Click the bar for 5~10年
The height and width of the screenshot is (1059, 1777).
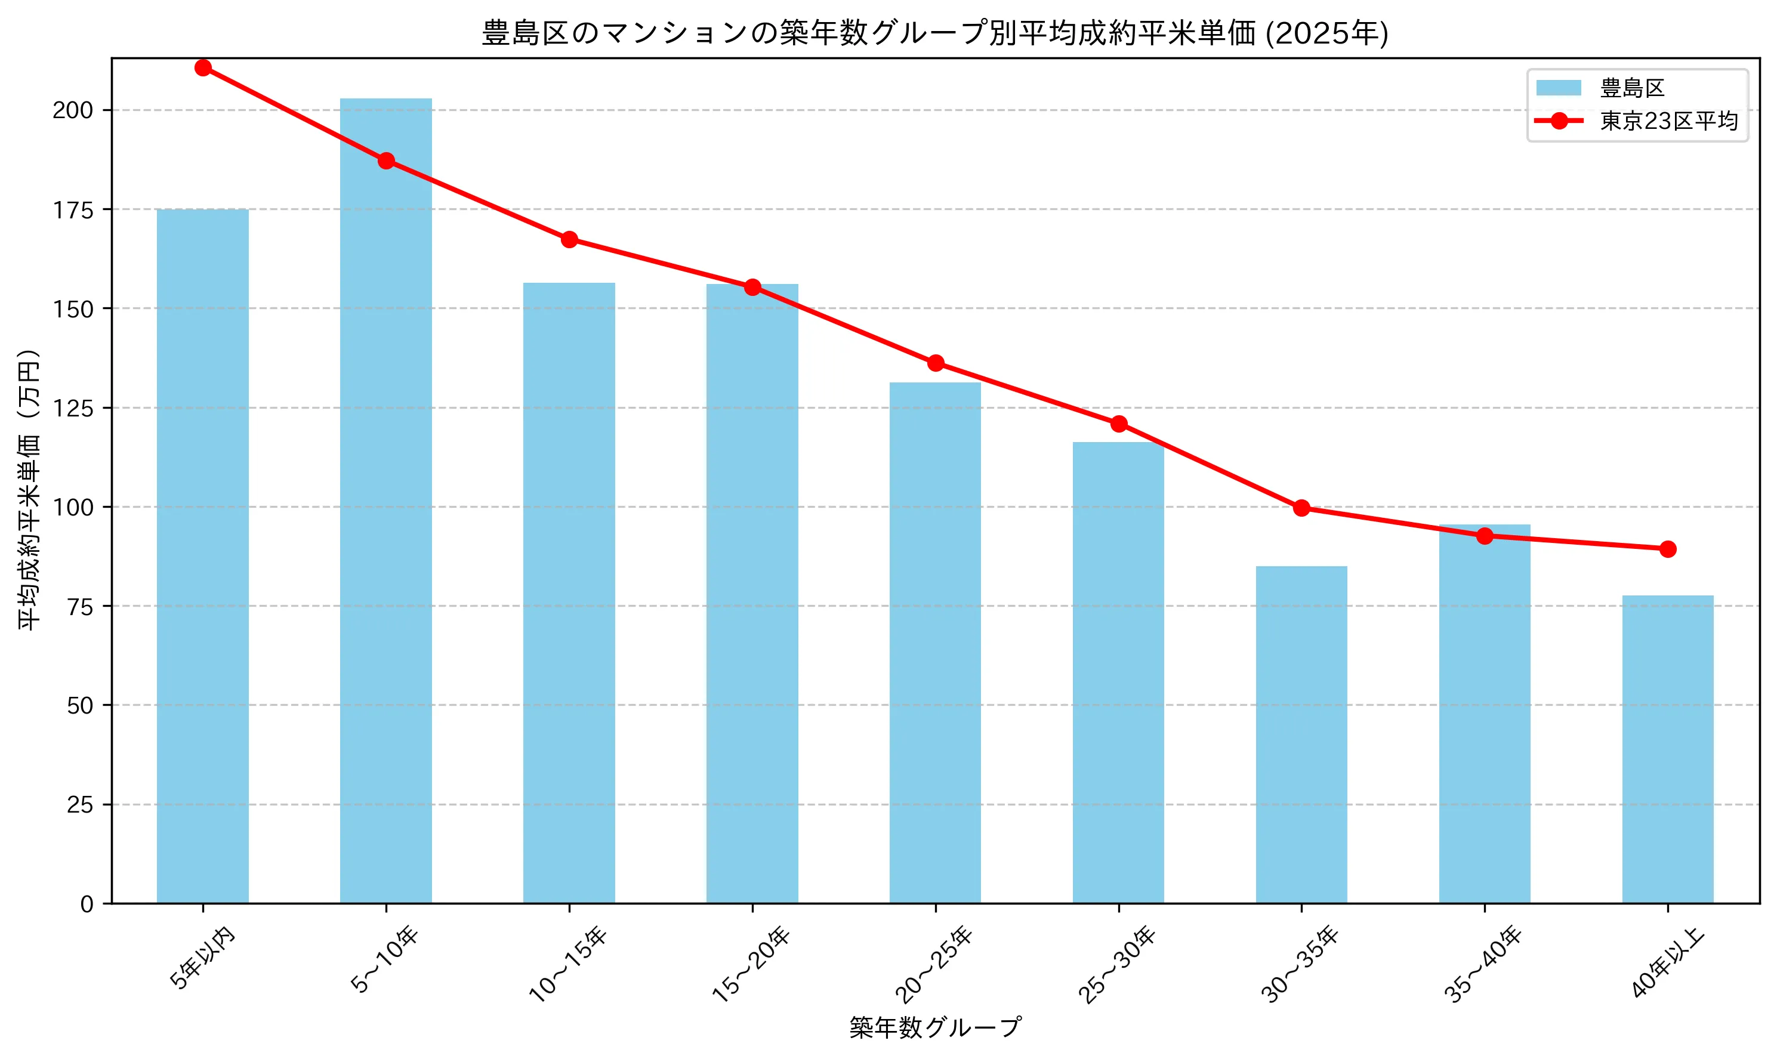385,499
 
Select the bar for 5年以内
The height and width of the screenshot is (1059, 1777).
203,557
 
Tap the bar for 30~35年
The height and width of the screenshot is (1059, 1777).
1301,735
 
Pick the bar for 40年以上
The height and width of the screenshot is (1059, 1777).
1667,749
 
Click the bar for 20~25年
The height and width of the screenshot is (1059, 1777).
935,642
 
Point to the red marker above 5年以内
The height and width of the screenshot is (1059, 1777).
203,68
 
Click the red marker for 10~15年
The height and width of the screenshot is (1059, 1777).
569,239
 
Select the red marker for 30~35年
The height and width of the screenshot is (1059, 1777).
1301,508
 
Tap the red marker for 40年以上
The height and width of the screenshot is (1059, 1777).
1667,549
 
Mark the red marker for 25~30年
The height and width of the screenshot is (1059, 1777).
1118,424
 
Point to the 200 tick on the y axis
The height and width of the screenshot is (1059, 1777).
73,110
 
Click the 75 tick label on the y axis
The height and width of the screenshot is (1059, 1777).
81,607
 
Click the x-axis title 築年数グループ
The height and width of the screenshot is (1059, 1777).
935,1027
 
